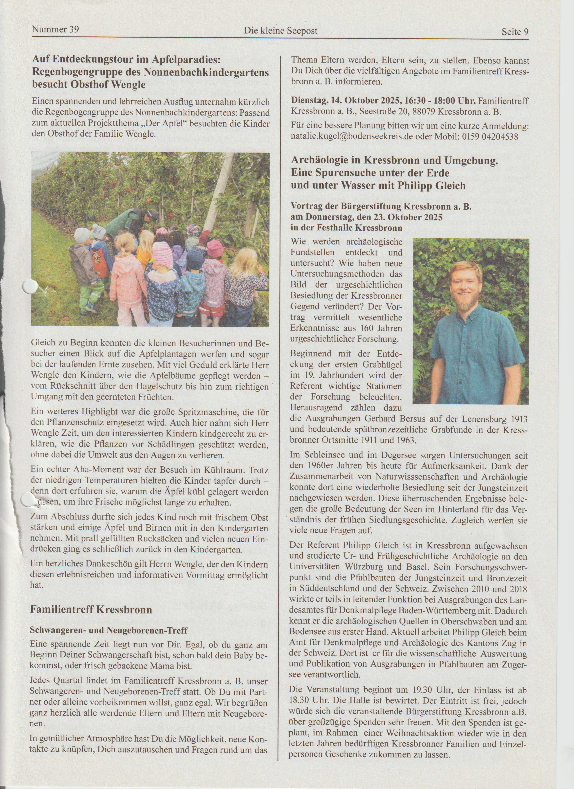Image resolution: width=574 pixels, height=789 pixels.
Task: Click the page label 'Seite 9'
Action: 515,32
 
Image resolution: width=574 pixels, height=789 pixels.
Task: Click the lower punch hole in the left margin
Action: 27,500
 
